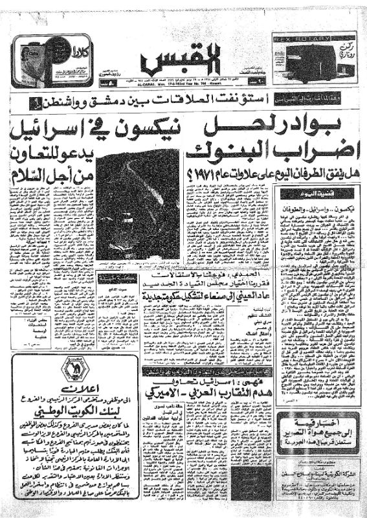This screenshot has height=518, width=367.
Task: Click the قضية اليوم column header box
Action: coord(317,192)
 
